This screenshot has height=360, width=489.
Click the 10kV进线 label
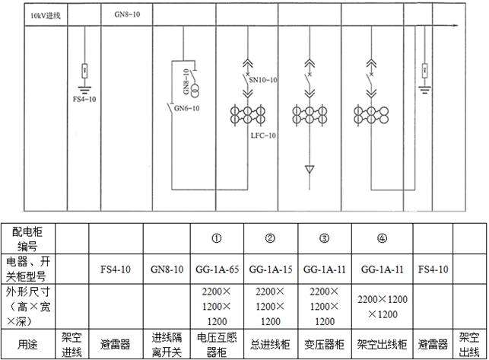[46, 16]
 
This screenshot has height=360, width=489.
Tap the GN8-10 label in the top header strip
[127, 14]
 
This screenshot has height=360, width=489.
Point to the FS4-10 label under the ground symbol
[84, 99]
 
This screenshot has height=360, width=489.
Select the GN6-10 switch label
[186, 108]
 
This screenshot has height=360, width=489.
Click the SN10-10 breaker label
[263, 80]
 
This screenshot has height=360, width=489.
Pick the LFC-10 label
[264, 135]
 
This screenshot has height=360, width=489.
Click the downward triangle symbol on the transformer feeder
[310, 169]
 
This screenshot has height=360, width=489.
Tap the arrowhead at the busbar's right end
[456, 26]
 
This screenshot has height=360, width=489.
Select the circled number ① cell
[217, 238]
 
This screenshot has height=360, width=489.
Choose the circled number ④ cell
[383, 238]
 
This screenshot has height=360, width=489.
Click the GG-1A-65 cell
[217, 269]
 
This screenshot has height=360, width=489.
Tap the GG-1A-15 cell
[271, 269]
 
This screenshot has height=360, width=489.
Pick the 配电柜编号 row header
[27, 239]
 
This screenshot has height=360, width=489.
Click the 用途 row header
[27, 345]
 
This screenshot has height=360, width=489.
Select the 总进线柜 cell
[271, 344]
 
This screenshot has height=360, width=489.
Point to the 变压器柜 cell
[324, 344]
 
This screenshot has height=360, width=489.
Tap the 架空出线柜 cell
[382, 344]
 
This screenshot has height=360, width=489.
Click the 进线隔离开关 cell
[167, 345]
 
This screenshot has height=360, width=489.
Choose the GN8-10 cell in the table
[167, 269]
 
